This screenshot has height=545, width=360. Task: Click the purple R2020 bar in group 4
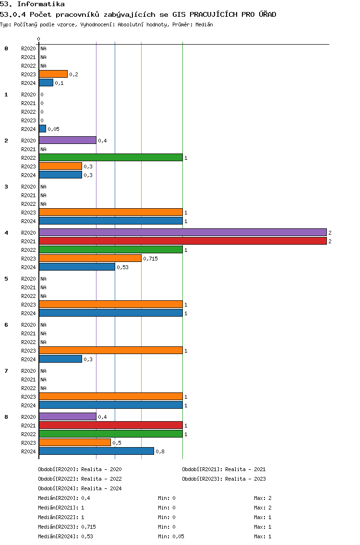click(183, 233)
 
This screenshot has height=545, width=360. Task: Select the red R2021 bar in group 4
click(183, 241)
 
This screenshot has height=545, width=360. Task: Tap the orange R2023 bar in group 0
click(53, 74)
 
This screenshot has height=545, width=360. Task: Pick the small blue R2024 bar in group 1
click(42, 129)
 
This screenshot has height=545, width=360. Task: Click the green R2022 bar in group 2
click(111, 158)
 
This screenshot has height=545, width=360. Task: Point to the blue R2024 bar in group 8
click(96, 451)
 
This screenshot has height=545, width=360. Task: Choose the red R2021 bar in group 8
click(111, 425)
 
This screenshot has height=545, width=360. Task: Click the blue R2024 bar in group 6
click(60, 359)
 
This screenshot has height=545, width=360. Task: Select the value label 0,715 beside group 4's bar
click(151, 259)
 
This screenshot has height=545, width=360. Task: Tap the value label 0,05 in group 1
click(54, 130)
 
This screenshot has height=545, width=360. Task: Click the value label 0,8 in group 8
click(160, 451)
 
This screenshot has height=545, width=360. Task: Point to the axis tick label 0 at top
click(38, 39)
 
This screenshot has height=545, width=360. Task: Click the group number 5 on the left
click(6, 279)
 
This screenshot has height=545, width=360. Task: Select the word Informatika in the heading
click(41, 4)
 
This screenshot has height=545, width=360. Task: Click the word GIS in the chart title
click(179, 14)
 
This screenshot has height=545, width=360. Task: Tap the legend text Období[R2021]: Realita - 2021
click(224, 469)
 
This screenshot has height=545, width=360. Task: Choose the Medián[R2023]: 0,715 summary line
click(67, 527)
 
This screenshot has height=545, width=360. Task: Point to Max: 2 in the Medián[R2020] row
click(263, 498)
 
